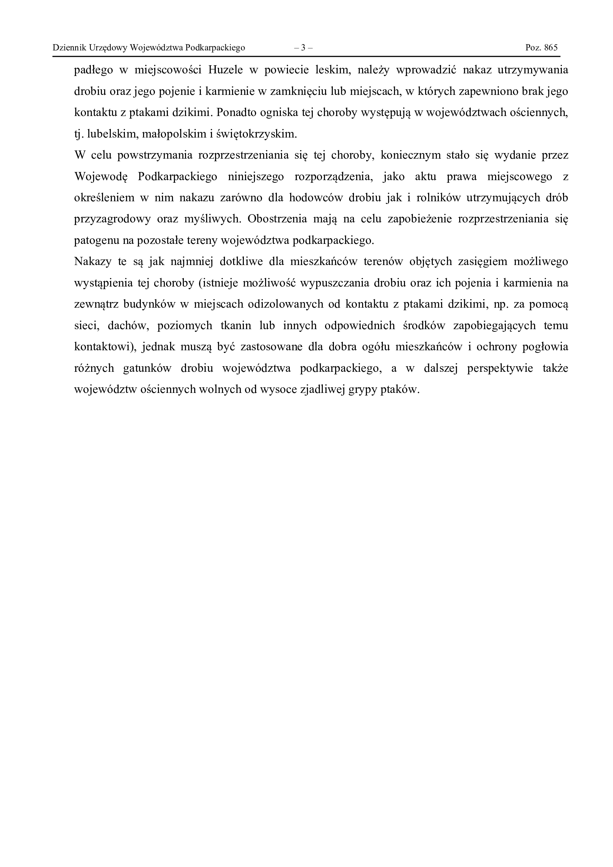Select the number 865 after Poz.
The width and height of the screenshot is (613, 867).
[x=551, y=47]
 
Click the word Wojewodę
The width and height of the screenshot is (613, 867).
[x=101, y=177]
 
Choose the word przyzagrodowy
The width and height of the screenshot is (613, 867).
[x=112, y=219]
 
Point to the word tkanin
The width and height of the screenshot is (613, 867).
[x=236, y=325]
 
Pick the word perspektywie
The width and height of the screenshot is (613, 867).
[x=500, y=368]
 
